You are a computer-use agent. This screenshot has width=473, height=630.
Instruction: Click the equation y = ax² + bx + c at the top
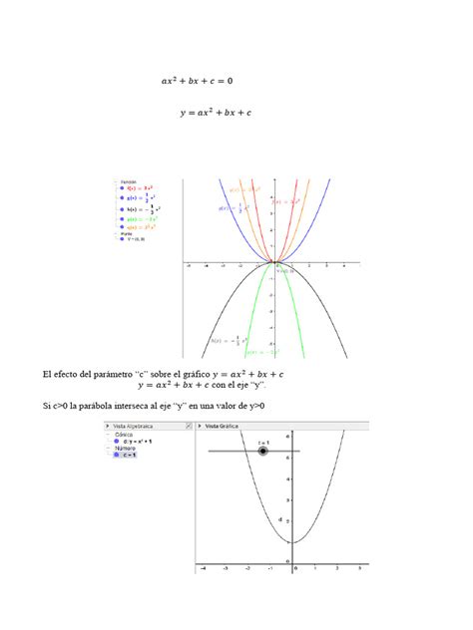click(215, 115)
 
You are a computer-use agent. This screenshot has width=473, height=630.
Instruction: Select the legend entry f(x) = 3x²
click(139, 187)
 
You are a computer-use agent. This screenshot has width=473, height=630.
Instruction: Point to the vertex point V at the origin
click(273, 263)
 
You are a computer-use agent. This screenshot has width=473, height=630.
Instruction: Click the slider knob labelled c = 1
click(262, 452)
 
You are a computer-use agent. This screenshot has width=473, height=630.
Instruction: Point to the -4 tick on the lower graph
click(203, 566)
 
